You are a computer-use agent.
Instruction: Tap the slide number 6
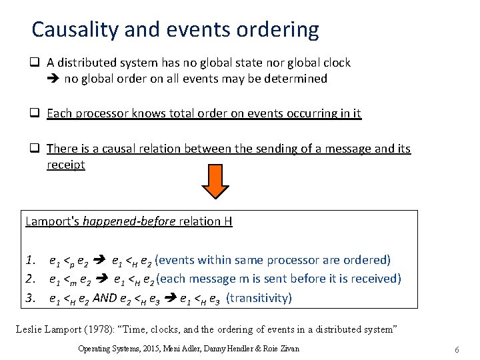(457, 349)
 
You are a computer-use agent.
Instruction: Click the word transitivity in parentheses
(259, 297)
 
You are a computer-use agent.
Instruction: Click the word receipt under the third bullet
(65, 164)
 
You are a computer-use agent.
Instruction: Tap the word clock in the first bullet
(337, 63)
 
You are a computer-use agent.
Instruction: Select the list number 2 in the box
(30, 279)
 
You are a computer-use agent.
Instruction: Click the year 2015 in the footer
(153, 349)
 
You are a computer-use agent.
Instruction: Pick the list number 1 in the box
(30, 260)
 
